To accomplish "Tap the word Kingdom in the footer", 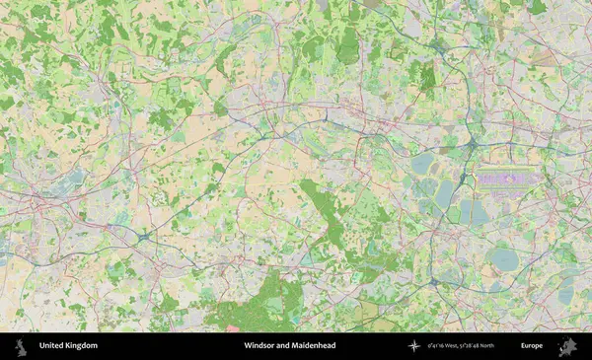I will click(82, 346).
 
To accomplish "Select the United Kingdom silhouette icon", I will click(20, 345).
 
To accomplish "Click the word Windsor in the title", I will click(262, 346).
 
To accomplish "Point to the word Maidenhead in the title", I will click(312, 346).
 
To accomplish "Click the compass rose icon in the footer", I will click(414, 346).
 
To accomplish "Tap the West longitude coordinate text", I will click(445, 346).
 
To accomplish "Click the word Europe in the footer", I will click(532, 346).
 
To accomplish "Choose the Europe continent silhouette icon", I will click(567, 345).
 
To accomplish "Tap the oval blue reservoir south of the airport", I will click(504, 259).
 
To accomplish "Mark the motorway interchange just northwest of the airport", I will click(473, 145).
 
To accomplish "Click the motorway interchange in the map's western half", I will click(146, 237).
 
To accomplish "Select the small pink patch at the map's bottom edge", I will click(233, 327).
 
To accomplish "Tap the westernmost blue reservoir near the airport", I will click(423, 163).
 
